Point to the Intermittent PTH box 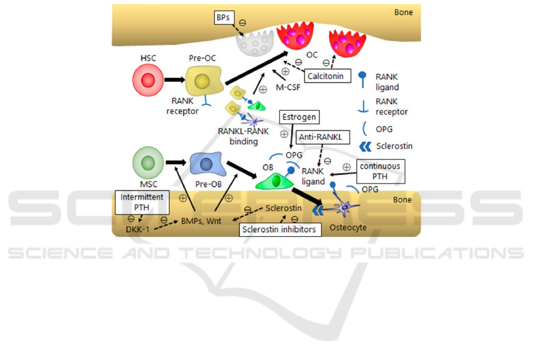click(x=141, y=202)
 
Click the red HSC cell click(x=148, y=81)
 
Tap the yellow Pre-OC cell click(x=203, y=81)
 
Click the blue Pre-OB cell click(x=207, y=164)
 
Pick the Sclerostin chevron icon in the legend click(x=366, y=146)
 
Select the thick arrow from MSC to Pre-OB click(x=175, y=162)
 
